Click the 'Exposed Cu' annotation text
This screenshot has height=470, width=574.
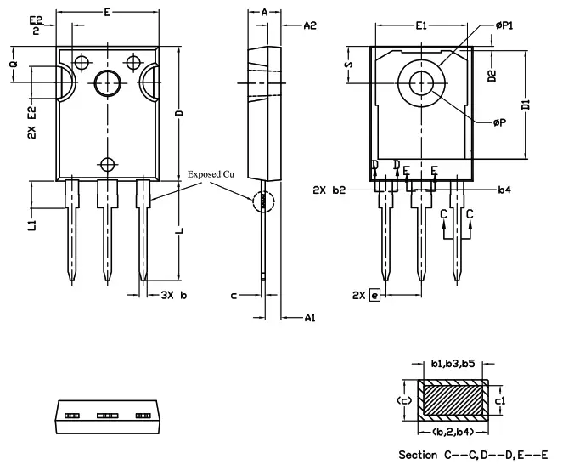point(211,174)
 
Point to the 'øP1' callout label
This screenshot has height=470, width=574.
point(506,25)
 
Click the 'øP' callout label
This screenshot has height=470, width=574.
point(500,122)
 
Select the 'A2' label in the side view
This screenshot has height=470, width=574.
point(310,26)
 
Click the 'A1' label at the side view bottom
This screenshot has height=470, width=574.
point(310,317)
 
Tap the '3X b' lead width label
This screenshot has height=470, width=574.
point(172,294)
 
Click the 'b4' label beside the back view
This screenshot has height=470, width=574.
point(504,189)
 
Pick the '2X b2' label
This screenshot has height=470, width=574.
point(329,189)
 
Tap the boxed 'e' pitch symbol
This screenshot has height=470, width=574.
point(374,294)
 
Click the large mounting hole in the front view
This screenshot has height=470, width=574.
point(108,83)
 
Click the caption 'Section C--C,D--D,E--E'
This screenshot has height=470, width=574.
point(473,455)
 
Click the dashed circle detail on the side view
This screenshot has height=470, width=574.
point(264,201)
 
